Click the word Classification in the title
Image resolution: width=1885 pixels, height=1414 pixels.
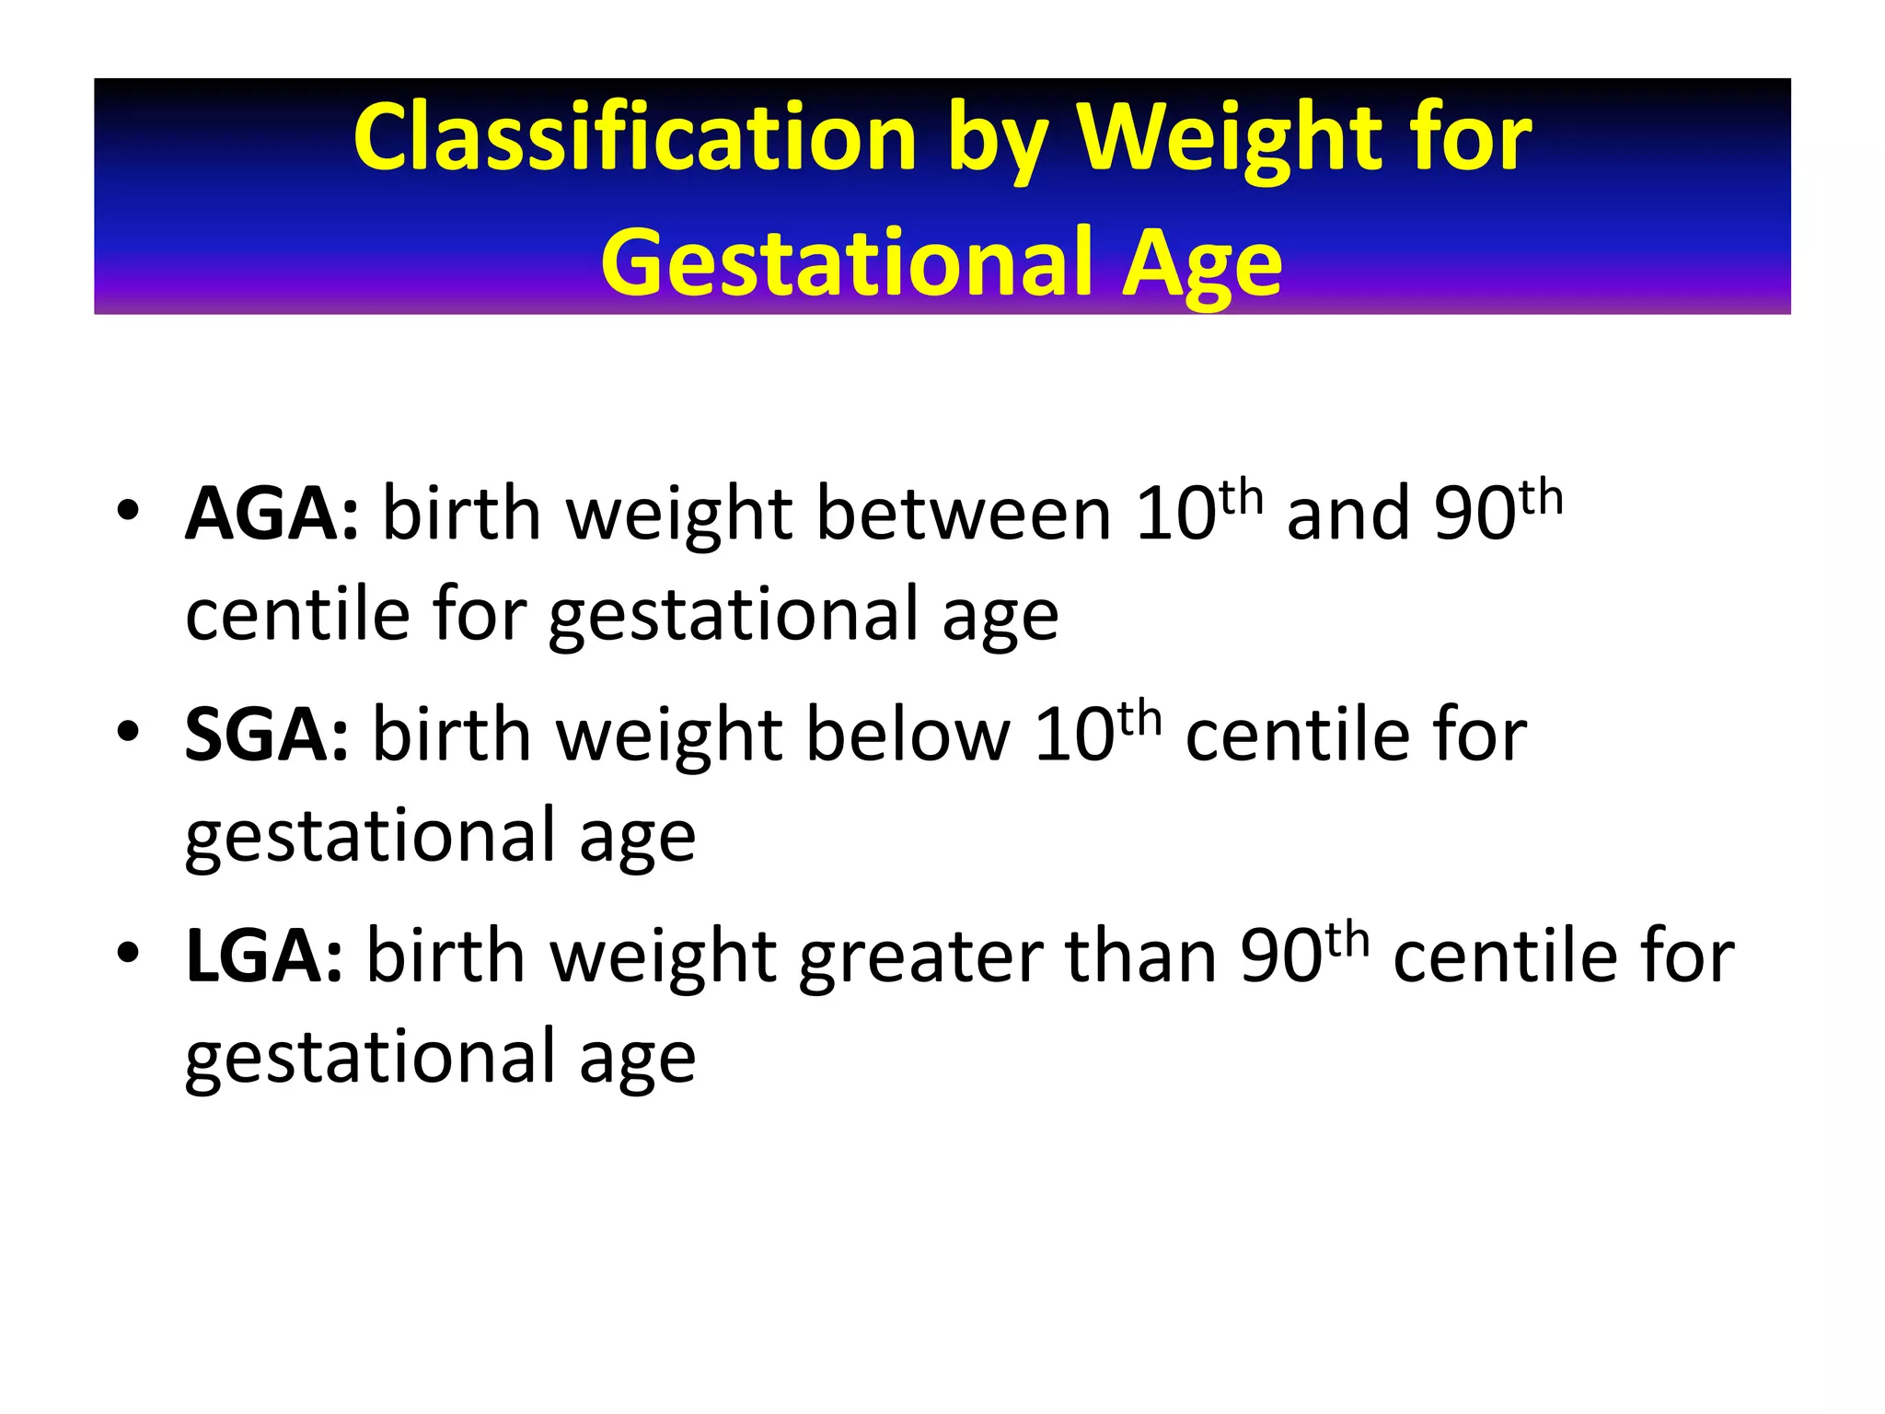point(635,138)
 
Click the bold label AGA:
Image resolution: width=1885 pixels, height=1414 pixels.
point(272,515)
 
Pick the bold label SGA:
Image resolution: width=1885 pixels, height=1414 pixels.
point(267,736)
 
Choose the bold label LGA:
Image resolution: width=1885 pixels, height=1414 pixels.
point(264,956)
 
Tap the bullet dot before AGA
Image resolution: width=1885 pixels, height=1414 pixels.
point(128,511)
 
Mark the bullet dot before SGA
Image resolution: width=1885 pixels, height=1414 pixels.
point(128,732)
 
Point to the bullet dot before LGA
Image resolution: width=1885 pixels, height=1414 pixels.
point(128,953)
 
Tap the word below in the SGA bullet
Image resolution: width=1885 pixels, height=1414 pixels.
point(908,736)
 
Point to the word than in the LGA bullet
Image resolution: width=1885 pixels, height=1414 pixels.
point(1140,956)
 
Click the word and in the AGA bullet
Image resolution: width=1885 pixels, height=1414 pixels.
point(1348,515)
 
